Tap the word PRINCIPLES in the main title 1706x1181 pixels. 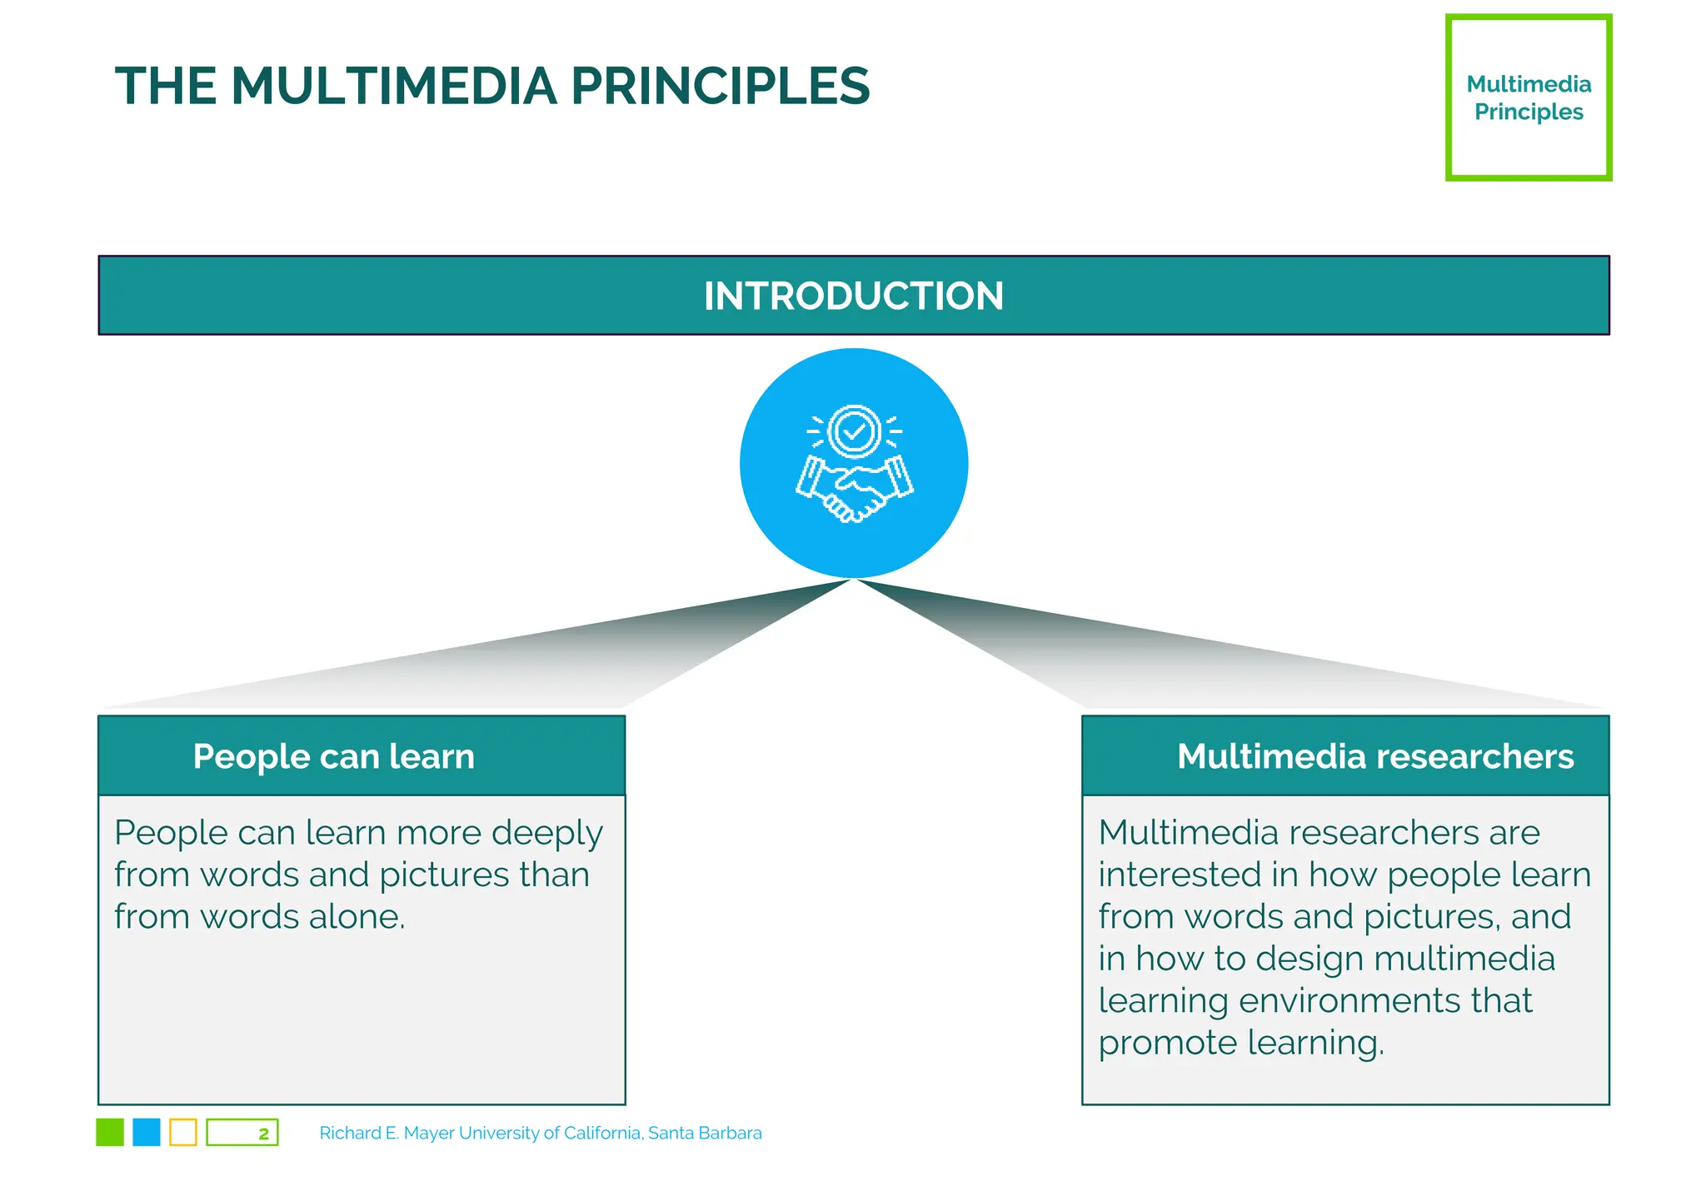[x=720, y=86]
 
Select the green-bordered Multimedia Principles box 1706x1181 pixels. [x=1528, y=97]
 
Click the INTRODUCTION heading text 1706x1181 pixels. [x=853, y=296]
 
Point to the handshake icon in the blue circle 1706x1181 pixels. [x=854, y=491]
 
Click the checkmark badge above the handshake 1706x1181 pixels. [x=854, y=431]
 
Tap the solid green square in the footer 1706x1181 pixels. [x=110, y=1133]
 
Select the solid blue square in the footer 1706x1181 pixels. [x=147, y=1133]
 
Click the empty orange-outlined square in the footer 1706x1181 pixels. [x=183, y=1133]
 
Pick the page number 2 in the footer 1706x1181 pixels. [x=263, y=1134]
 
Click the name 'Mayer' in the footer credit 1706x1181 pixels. [x=429, y=1134]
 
